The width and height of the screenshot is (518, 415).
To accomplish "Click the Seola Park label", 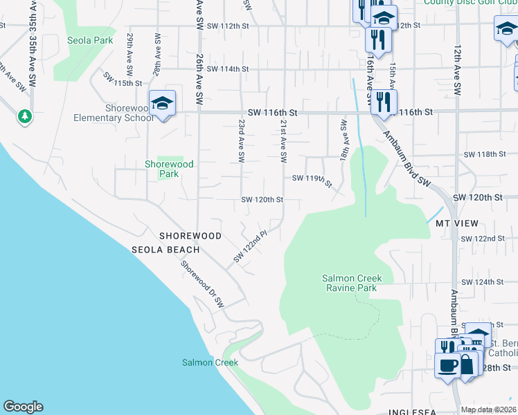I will (90, 40).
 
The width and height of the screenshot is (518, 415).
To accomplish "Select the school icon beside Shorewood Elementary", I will (162, 104).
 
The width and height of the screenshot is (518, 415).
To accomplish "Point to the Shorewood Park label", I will (169, 169).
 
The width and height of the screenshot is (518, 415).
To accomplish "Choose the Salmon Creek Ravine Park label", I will (357, 284).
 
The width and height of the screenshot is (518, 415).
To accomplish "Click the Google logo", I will (23, 407).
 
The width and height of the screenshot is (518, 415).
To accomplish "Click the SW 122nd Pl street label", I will (250, 247).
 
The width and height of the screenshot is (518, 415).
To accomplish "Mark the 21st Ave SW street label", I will (283, 140).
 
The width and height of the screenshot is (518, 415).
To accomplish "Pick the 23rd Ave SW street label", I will (242, 140).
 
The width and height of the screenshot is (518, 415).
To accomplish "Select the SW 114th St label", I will (227, 69).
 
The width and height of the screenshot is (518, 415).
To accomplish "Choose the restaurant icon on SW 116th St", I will (383, 102).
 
